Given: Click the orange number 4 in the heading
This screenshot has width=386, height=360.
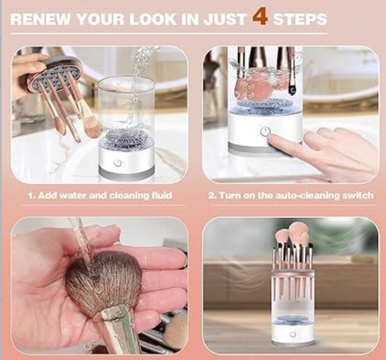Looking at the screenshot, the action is [x=260, y=17].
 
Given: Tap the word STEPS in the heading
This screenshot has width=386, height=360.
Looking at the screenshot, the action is [x=300, y=19].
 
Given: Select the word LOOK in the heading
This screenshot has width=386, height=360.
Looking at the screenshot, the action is [x=153, y=19].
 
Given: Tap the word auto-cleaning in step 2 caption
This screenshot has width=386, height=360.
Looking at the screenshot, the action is [x=309, y=195].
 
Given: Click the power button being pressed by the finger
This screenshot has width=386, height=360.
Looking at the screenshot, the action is [x=265, y=131].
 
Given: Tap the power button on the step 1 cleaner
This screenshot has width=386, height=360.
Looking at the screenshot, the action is [x=118, y=163].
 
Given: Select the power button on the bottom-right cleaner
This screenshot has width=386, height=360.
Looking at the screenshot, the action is [x=293, y=334].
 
